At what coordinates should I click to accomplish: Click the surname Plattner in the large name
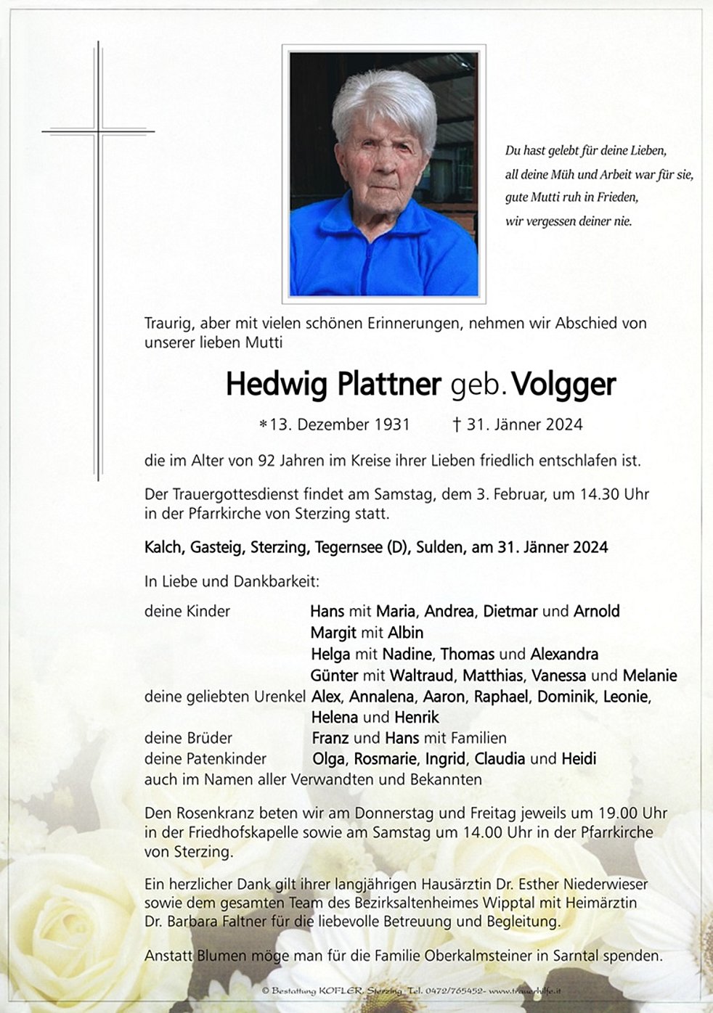pyautogui.click(x=388, y=385)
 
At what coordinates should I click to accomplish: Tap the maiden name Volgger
pyautogui.click(x=564, y=385)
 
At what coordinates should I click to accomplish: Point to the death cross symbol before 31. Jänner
pyautogui.click(x=457, y=425)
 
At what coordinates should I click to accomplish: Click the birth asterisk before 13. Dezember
pyautogui.click(x=263, y=425)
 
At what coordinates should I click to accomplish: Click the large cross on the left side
pyautogui.click(x=98, y=261)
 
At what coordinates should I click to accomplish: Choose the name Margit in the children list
pyautogui.click(x=333, y=632)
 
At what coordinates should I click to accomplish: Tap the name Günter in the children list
pyautogui.click(x=334, y=676)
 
